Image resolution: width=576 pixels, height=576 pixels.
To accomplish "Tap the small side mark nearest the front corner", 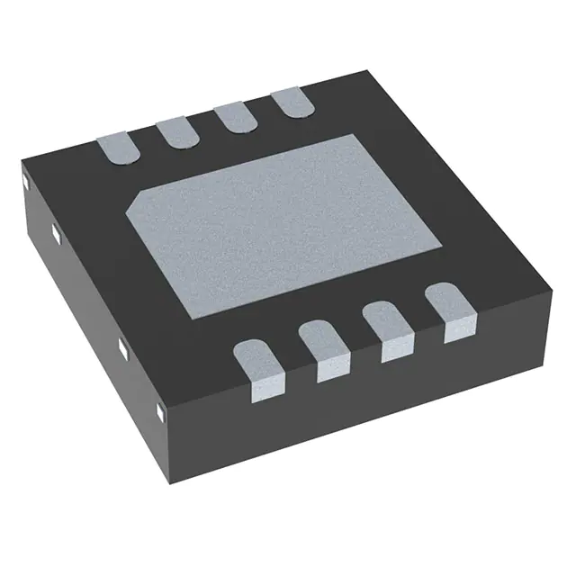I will tap(159, 410).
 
